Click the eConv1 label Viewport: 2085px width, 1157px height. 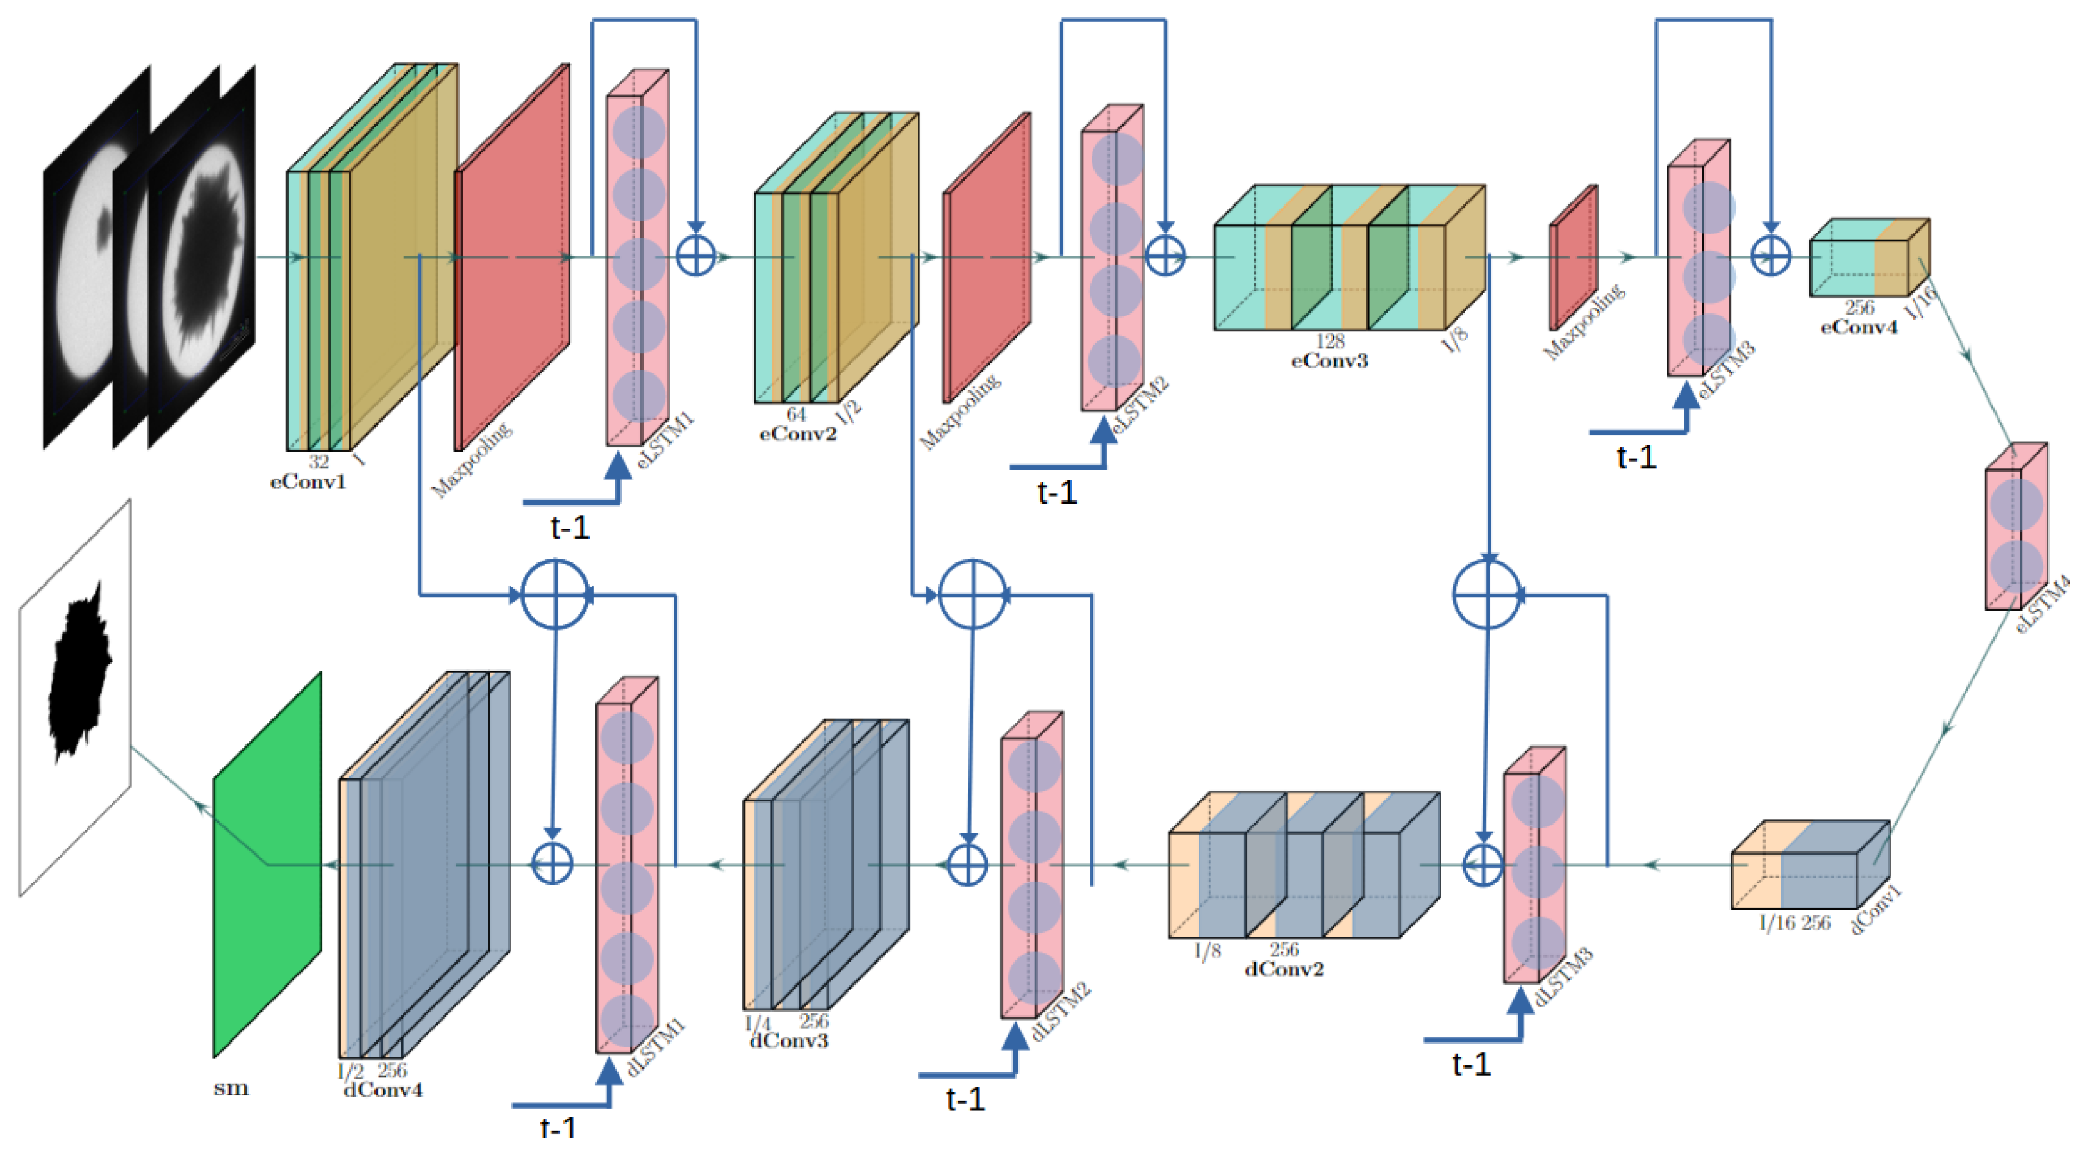point(308,482)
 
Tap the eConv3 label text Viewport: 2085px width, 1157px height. point(1329,361)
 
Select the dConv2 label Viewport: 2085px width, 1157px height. point(1284,969)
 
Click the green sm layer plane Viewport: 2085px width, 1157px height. point(267,864)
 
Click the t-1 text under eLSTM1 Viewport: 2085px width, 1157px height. point(570,527)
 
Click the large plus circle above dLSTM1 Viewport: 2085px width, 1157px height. point(555,595)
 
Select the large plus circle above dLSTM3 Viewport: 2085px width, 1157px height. point(1488,595)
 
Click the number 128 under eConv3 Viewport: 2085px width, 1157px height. point(1329,341)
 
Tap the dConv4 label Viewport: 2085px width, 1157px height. point(383,1090)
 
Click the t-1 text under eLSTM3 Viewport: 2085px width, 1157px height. point(1636,458)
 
